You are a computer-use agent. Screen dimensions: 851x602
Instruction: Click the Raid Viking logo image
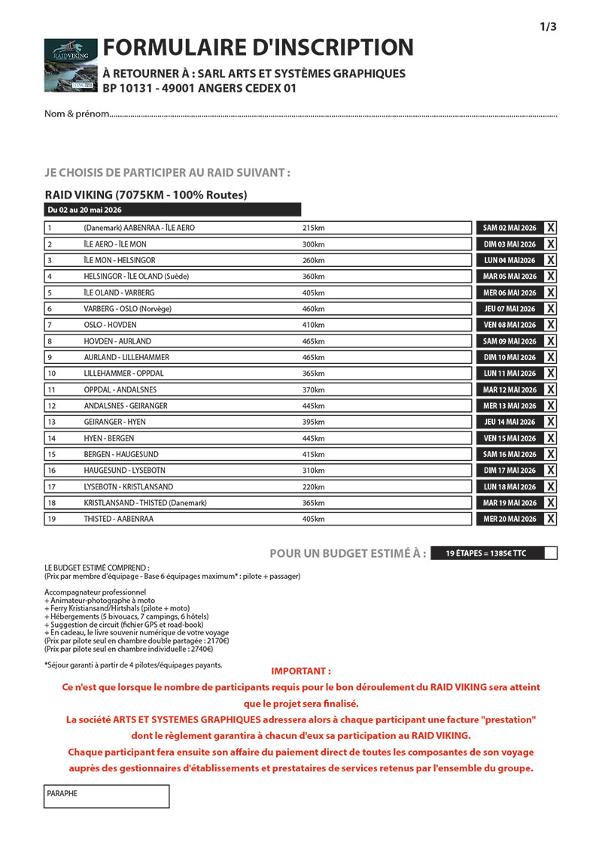click(x=71, y=65)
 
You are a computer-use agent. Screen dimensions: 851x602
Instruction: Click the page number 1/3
click(x=548, y=27)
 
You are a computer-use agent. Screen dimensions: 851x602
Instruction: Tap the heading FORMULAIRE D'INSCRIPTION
click(x=258, y=47)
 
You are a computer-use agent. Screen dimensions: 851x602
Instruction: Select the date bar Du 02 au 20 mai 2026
click(x=172, y=210)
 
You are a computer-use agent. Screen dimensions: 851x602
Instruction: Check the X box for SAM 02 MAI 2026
click(x=551, y=228)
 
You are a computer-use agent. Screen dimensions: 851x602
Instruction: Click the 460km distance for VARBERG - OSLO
click(x=313, y=309)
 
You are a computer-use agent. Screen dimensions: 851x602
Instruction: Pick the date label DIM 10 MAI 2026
click(x=509, y=358)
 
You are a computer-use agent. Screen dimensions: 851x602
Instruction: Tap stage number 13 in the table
click(x=51, y=422)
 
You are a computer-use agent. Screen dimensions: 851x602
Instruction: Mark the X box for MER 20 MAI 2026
click(x=551, y=519)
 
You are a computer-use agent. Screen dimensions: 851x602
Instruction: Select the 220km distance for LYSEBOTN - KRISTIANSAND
click(x=313, y=486)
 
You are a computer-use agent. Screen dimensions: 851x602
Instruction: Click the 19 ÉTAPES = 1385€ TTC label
click(x=486, y=553)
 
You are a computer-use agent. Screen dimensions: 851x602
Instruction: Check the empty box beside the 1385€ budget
click(x=550, y=553)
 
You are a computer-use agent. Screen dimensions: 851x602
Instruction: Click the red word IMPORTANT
click(x=300, y=671)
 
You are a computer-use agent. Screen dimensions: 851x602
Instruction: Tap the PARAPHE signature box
click(x=106, y=796)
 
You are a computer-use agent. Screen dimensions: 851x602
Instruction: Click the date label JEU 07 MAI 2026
click(x=509, y=309)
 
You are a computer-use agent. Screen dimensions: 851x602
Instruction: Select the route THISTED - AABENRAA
click(x=119, y=519)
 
